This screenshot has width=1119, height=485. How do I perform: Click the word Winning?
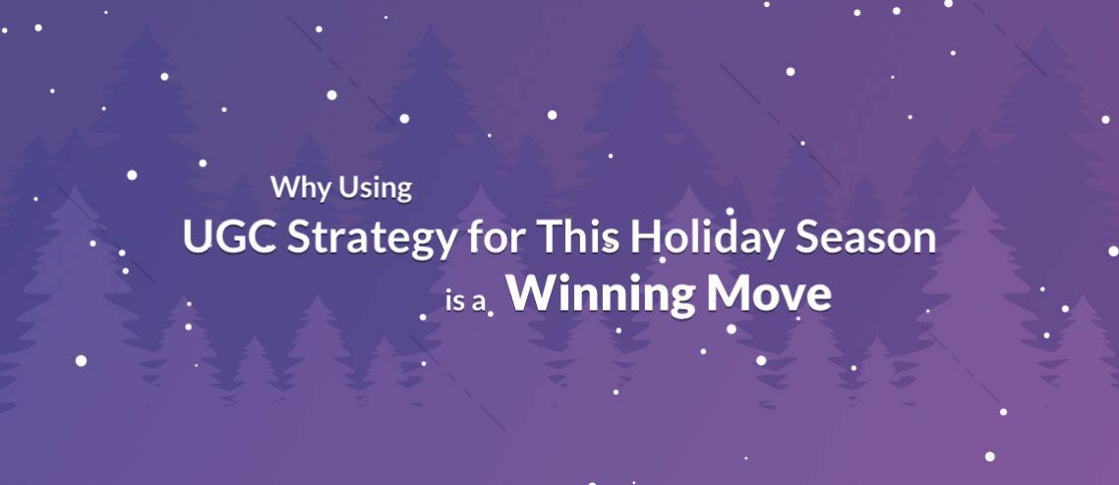pyautogui.click(x=601, y=295)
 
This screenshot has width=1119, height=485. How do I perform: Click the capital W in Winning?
pyautogui.click(x=537, y=294)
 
